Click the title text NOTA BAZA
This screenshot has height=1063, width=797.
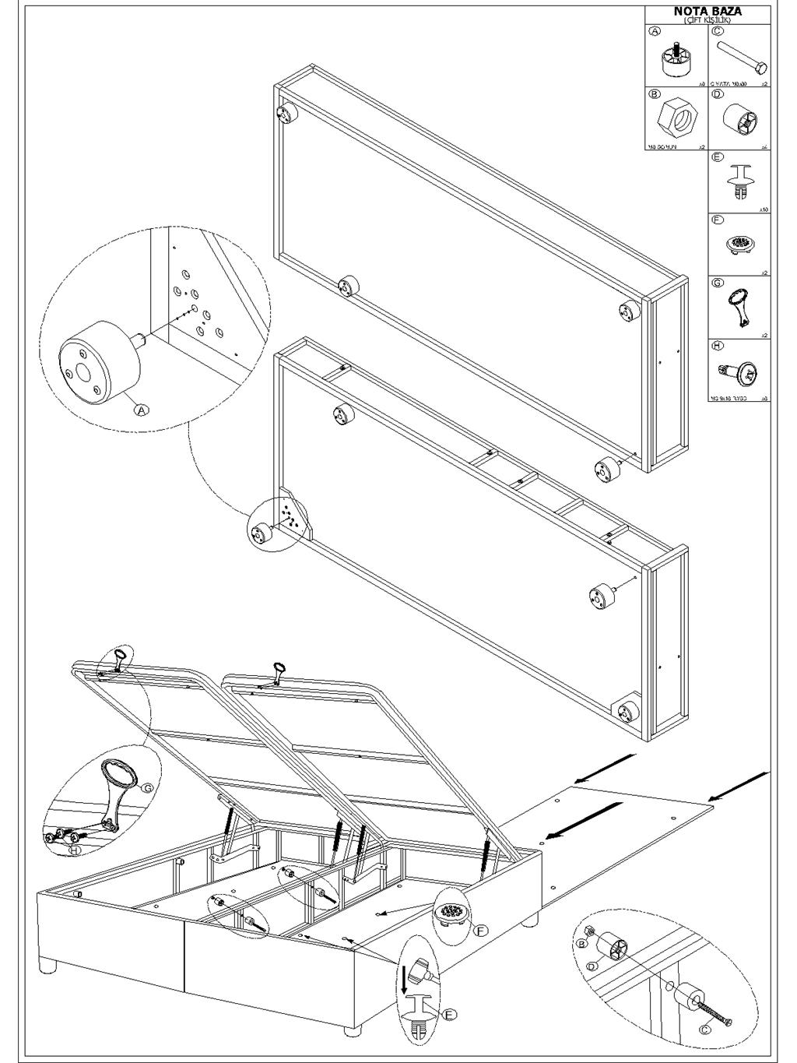(x=707, y=12)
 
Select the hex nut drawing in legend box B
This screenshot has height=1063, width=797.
(x=676, y=119)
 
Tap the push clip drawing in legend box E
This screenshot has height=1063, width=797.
(x=739, y=185)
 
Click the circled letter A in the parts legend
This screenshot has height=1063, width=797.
(x=655, y=31)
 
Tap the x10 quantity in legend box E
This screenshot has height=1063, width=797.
(x=764, y=209)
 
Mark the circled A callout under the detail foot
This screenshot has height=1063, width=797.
(x=142, y=408)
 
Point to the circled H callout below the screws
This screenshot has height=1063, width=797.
(x=74, y=850)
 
